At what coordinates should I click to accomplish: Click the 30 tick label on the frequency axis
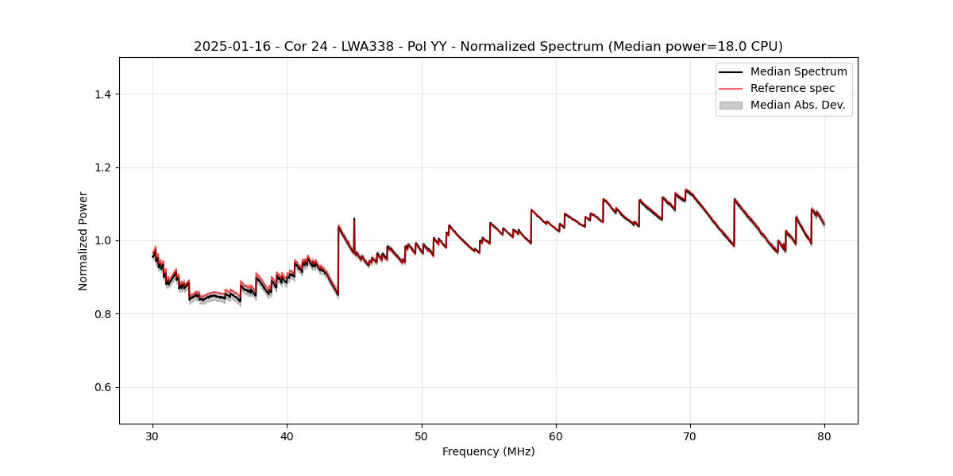[153, 436]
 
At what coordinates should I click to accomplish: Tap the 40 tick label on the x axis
[287, 436]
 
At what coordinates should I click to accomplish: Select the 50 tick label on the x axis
[422, 436]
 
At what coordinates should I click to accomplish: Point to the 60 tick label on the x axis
[556, 436]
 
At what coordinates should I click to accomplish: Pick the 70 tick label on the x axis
[690, 436]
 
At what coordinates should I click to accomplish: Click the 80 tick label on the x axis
[824, 436]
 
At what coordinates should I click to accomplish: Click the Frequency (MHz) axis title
[488, 451]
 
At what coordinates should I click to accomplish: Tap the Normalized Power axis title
[83, 240]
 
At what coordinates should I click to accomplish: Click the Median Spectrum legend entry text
[798, 71]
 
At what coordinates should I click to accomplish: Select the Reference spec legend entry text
[793, 88]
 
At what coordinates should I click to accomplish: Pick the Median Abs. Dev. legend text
[797, 105]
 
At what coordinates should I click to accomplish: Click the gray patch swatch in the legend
[731, 105]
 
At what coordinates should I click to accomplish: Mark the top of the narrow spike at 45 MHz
[354, 219]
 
